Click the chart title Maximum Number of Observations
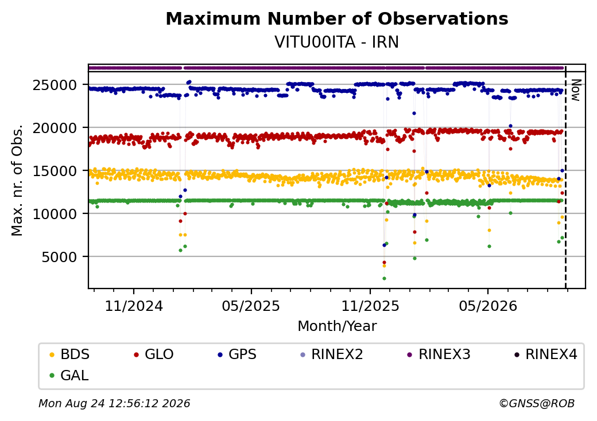[x=337, y=18]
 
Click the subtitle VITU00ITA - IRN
[x=336, y=42]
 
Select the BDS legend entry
[x=70, y=354]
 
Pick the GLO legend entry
[x=154, y=354]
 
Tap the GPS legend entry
[x=238, y=354]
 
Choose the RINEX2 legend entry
[x=332, y=354]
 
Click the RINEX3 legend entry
[x=439, y=354]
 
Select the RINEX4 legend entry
[x=546, y=354]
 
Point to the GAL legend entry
[x=69, y=375]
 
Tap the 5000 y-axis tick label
[x=59, y=257]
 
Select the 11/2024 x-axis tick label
[x=134, y=306]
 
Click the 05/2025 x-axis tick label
[x=251, y=306]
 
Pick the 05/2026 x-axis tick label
[x=488, y=306]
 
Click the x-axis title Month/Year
[x=337, y=326]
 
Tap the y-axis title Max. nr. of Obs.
[x=17, y=180]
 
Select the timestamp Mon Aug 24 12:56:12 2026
[x=114, y=403]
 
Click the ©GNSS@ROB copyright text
[x=537, y=403]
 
